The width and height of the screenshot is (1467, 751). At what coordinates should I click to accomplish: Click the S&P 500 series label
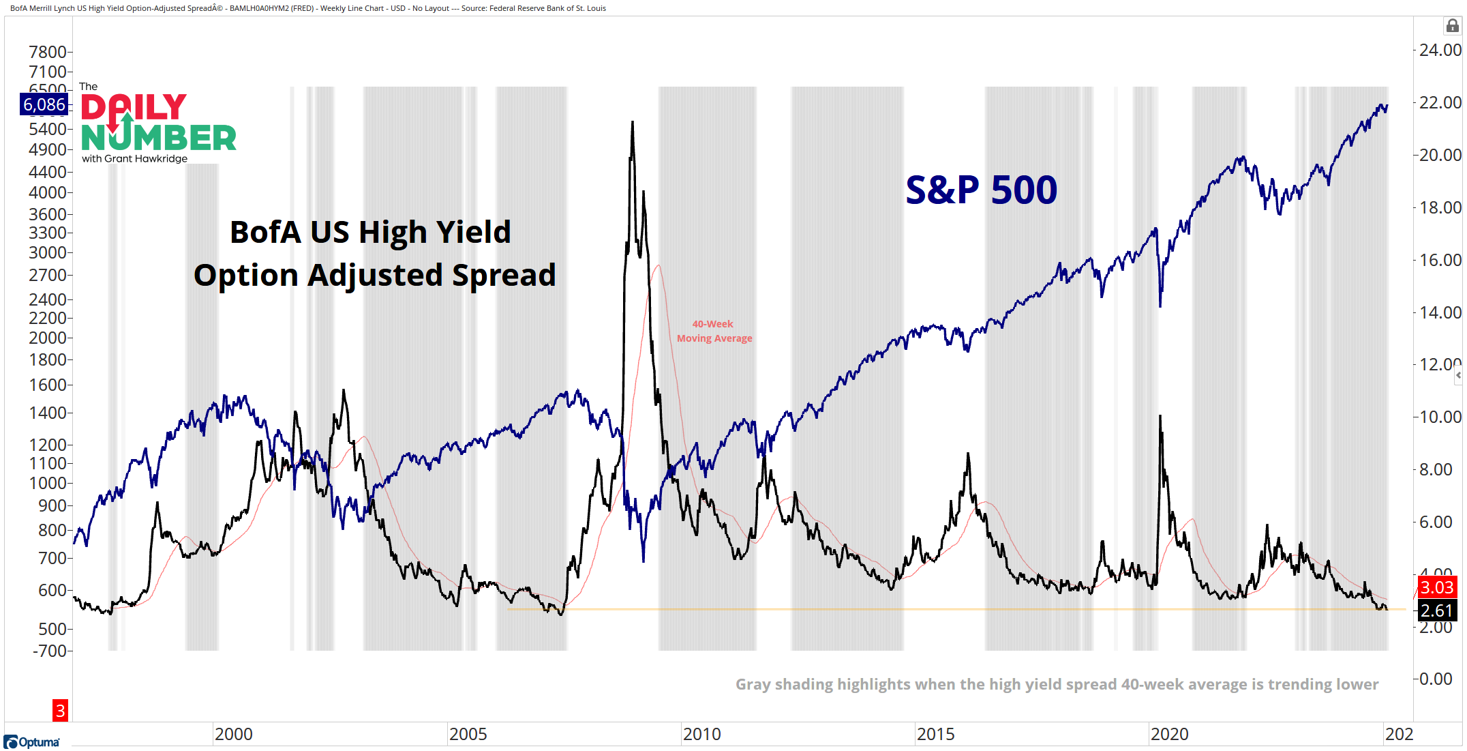pyautogui.click(x=981, y=190)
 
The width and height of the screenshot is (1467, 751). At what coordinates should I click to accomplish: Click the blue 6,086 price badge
pyautogui.click(x=44, y=104)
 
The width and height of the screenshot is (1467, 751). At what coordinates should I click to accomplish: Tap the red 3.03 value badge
pyautogui.click(x=1436, y=587)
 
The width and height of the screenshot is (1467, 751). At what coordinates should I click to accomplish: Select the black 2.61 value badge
pyautogui.click(x=1436, y=610)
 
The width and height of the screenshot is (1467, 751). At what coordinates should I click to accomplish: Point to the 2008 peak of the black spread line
pyautogui.click(x=633, y=123)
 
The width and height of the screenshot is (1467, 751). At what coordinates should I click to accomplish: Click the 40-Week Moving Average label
pyautogui.click(x=714, y=331)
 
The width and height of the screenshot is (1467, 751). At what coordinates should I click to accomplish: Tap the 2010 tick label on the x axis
pyautogui.click(x=701, y=734)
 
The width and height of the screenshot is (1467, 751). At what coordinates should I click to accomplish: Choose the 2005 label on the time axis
pyautogui.click(x=468, y=734)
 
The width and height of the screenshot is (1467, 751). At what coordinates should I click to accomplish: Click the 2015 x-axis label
pyautogui.click(x=935, y=734)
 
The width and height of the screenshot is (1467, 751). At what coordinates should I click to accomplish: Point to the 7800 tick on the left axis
pyautogui.click(x=47, y=53)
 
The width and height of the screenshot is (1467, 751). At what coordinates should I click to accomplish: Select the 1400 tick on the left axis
pyautogui.click(x=47, y=413)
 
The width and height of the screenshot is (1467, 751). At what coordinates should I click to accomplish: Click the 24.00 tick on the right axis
pyautogui.click(x=1440, y=50)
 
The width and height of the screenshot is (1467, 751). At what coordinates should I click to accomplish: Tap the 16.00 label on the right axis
pyautogui.click(x=1440, y=260)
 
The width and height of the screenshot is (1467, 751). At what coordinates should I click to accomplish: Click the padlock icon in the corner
pyautogui.click(x=1452, y=26)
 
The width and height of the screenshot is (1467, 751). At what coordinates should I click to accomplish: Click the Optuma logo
pyautogui.click(x=31, y=741)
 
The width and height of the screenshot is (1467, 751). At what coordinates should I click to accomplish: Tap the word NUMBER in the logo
pyautogui.click(x=158, y=138)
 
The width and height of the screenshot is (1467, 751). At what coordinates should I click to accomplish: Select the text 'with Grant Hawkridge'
pyautogui.click(x=134, y=158)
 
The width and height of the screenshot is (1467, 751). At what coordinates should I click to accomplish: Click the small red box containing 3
pyautogui.click(x=60, y=711)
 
